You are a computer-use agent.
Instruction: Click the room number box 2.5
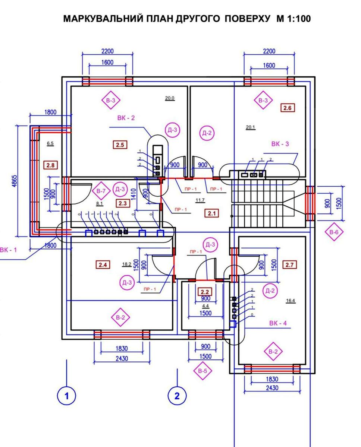click(x=120, y=145)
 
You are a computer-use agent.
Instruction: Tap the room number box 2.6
click(x=288, y=108)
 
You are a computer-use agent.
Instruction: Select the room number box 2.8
click(x=50, y=165)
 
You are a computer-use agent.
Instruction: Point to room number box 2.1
click(x=212, y=213)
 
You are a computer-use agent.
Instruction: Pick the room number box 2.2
click(x=205, y=292)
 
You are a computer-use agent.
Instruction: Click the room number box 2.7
click(x=290, y=265)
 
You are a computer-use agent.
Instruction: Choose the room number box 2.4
click(x=103, y=265)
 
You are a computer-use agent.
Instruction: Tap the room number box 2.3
click(x=123, y=203)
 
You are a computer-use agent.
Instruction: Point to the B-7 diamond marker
click(x=101, y=191)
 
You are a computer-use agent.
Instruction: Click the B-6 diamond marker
click(x=334, y=232)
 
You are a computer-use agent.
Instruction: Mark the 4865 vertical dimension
click(x=15, y=181)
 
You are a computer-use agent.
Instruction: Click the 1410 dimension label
click(x=134, y=194)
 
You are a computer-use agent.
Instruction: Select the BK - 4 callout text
click(x=278, y=323)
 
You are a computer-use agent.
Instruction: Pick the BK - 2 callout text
click(x=126, y=118)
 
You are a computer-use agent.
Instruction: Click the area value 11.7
click(x=200, y=200)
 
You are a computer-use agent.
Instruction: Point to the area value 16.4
click(x=291, y=301)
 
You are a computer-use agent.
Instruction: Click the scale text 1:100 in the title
click(x=299, y=19)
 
